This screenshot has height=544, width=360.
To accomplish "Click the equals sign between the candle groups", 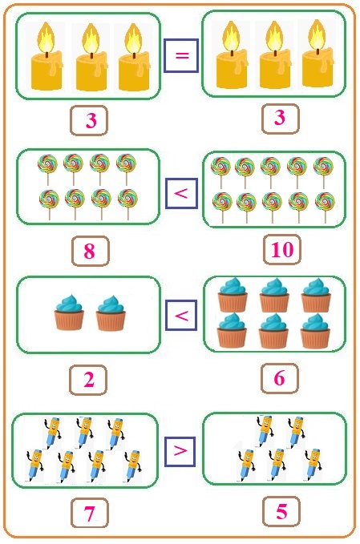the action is (182, 55).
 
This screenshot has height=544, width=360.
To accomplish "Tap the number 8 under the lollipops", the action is (90, 251).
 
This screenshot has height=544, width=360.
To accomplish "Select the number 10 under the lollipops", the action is (282, 249).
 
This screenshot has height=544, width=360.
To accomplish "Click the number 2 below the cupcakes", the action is (89, 379).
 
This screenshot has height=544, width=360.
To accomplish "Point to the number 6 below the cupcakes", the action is (280, 378).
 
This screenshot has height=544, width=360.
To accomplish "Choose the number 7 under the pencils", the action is (90, 514).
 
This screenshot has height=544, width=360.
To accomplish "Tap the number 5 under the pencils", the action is (281, 512).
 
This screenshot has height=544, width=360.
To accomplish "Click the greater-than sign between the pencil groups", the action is (180, 451).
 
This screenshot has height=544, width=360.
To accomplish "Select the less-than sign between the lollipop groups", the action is (181, 193).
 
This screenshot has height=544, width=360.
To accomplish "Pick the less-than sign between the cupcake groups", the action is (181, 316).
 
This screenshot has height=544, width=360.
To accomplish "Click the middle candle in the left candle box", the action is (91, 58).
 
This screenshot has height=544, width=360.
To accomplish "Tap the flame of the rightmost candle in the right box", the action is (317, 34).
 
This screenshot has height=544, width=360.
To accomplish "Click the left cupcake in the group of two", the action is (69, 312).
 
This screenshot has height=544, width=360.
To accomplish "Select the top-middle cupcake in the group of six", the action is (274, 295).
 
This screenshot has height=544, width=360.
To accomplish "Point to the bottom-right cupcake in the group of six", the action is (315, 331).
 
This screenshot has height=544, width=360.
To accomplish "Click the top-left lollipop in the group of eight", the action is (47, 170).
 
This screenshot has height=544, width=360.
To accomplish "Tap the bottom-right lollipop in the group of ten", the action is (325, 208).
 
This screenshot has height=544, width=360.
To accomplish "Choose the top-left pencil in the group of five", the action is (265, 431).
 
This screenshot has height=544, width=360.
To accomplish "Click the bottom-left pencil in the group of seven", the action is (34, 465).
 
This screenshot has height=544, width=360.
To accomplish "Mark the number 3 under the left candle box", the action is (91, 120).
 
